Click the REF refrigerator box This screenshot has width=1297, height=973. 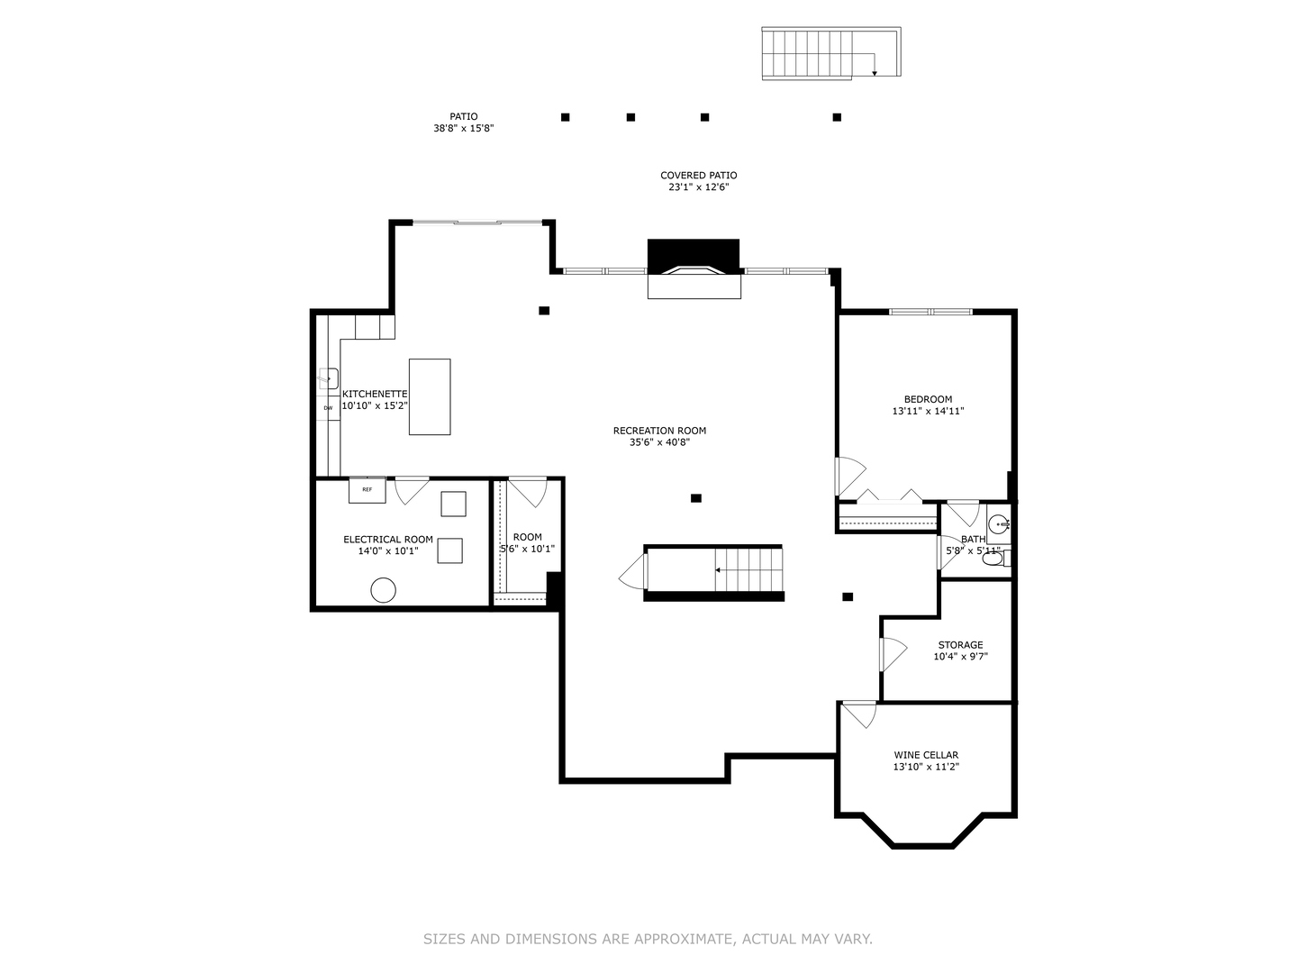(x=367, y=490)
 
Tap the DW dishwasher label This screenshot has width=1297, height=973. (x=328, y=407)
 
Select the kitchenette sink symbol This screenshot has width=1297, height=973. (x=328, y=377)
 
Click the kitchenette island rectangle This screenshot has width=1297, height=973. (x=430, y=397)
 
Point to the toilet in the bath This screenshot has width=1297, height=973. (x=996, y=558)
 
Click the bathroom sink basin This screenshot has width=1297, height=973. (x=999, y=523)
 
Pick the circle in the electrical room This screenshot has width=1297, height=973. (x=383, y=590)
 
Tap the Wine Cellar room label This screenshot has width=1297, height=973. (x=926, y=755)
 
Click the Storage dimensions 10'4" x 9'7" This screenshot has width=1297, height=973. (x=961, y=657)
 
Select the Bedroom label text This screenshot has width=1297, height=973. (x=929, y=399)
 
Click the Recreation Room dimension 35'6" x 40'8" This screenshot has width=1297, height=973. (x=660, y=442)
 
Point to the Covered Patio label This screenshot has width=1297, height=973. (x=698, y=176)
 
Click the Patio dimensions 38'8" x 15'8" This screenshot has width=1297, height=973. (x=463, y=128)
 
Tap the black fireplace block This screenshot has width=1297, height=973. (x=694, y=256)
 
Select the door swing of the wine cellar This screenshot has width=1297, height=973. (x=860, y=714)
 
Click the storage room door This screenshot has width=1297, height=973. (x=893, y=654)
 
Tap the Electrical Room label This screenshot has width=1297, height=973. (x=388, y=540)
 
